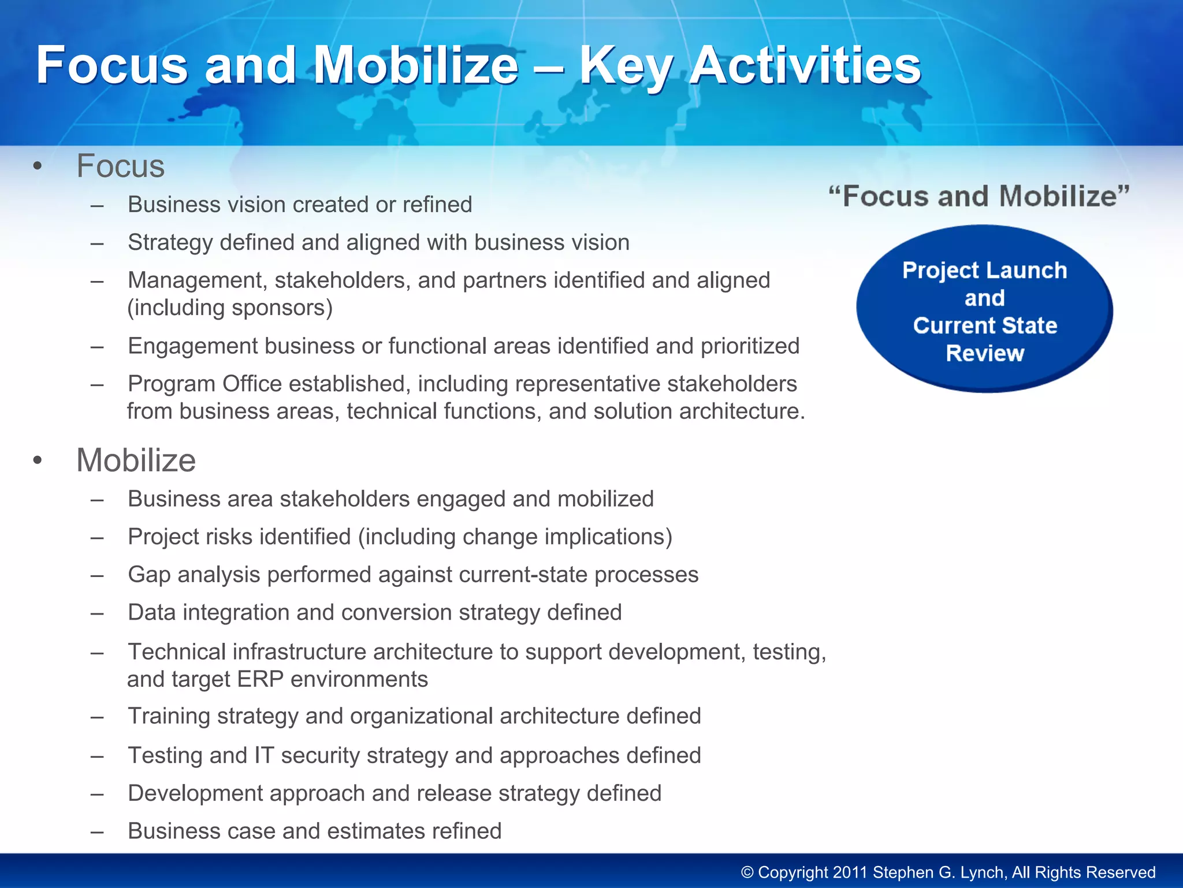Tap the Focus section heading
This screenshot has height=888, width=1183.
[120, 166]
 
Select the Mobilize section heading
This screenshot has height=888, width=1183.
[136, 461]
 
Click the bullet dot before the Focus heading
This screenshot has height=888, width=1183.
[38, 167]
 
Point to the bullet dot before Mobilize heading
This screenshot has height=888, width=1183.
[38, 461]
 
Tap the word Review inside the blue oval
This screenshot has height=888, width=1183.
[985, 353]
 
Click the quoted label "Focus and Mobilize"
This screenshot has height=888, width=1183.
[979, 197]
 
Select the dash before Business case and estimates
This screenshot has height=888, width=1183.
[97, 832]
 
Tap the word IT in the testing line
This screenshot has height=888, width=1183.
[264, 756]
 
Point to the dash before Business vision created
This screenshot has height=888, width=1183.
[97, 205]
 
